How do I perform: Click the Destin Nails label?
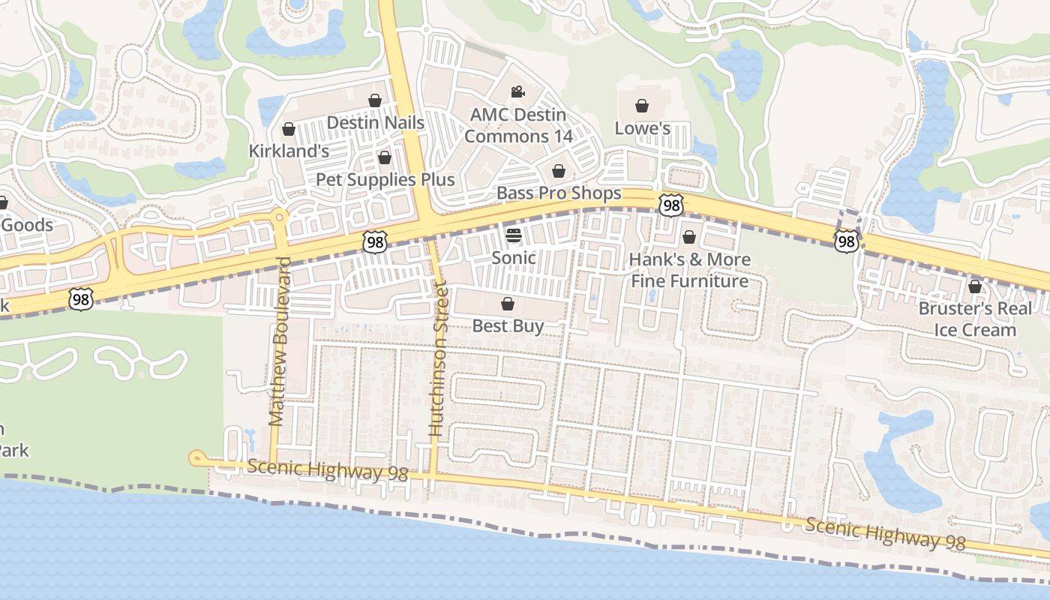pyautogui.click(x=376, y=123)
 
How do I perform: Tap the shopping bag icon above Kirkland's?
pyautogui.click(x=288, y=130)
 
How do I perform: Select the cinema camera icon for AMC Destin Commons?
pyautogui.click(x=517, y=92)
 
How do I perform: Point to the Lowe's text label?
pyautogui.click(x=642, y=128)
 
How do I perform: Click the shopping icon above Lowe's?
pyautogui.click(x=641, y=106)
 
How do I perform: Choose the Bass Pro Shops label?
pyautogui.click(x=559, y=193)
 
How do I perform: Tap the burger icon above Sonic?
pyautogui.click(x=513, y=235)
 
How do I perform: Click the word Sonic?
pyautogui.click(x=513, y=258)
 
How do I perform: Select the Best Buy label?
pyautogui.click(x=508, y=326)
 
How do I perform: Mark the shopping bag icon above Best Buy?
pyautogui.click(x=508, y=304)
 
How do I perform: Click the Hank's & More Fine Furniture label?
pyautogui.click(x=689, y=271)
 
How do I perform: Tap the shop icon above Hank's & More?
pyautogui.click(x=689, y=238)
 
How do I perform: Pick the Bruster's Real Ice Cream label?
pyautogui.click(x=975, y=319)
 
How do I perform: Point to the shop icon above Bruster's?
pyautogui.click(x=974, y=286)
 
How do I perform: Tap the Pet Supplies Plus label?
pyautogui.click(x=385, y=180)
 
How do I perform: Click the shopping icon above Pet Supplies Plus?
pyautogui.click(x=385, y=157)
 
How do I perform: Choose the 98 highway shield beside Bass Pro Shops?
pyautogui.click(x=671, y=204)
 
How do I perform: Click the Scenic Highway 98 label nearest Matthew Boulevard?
pyautogui.click(x=327, y=471)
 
